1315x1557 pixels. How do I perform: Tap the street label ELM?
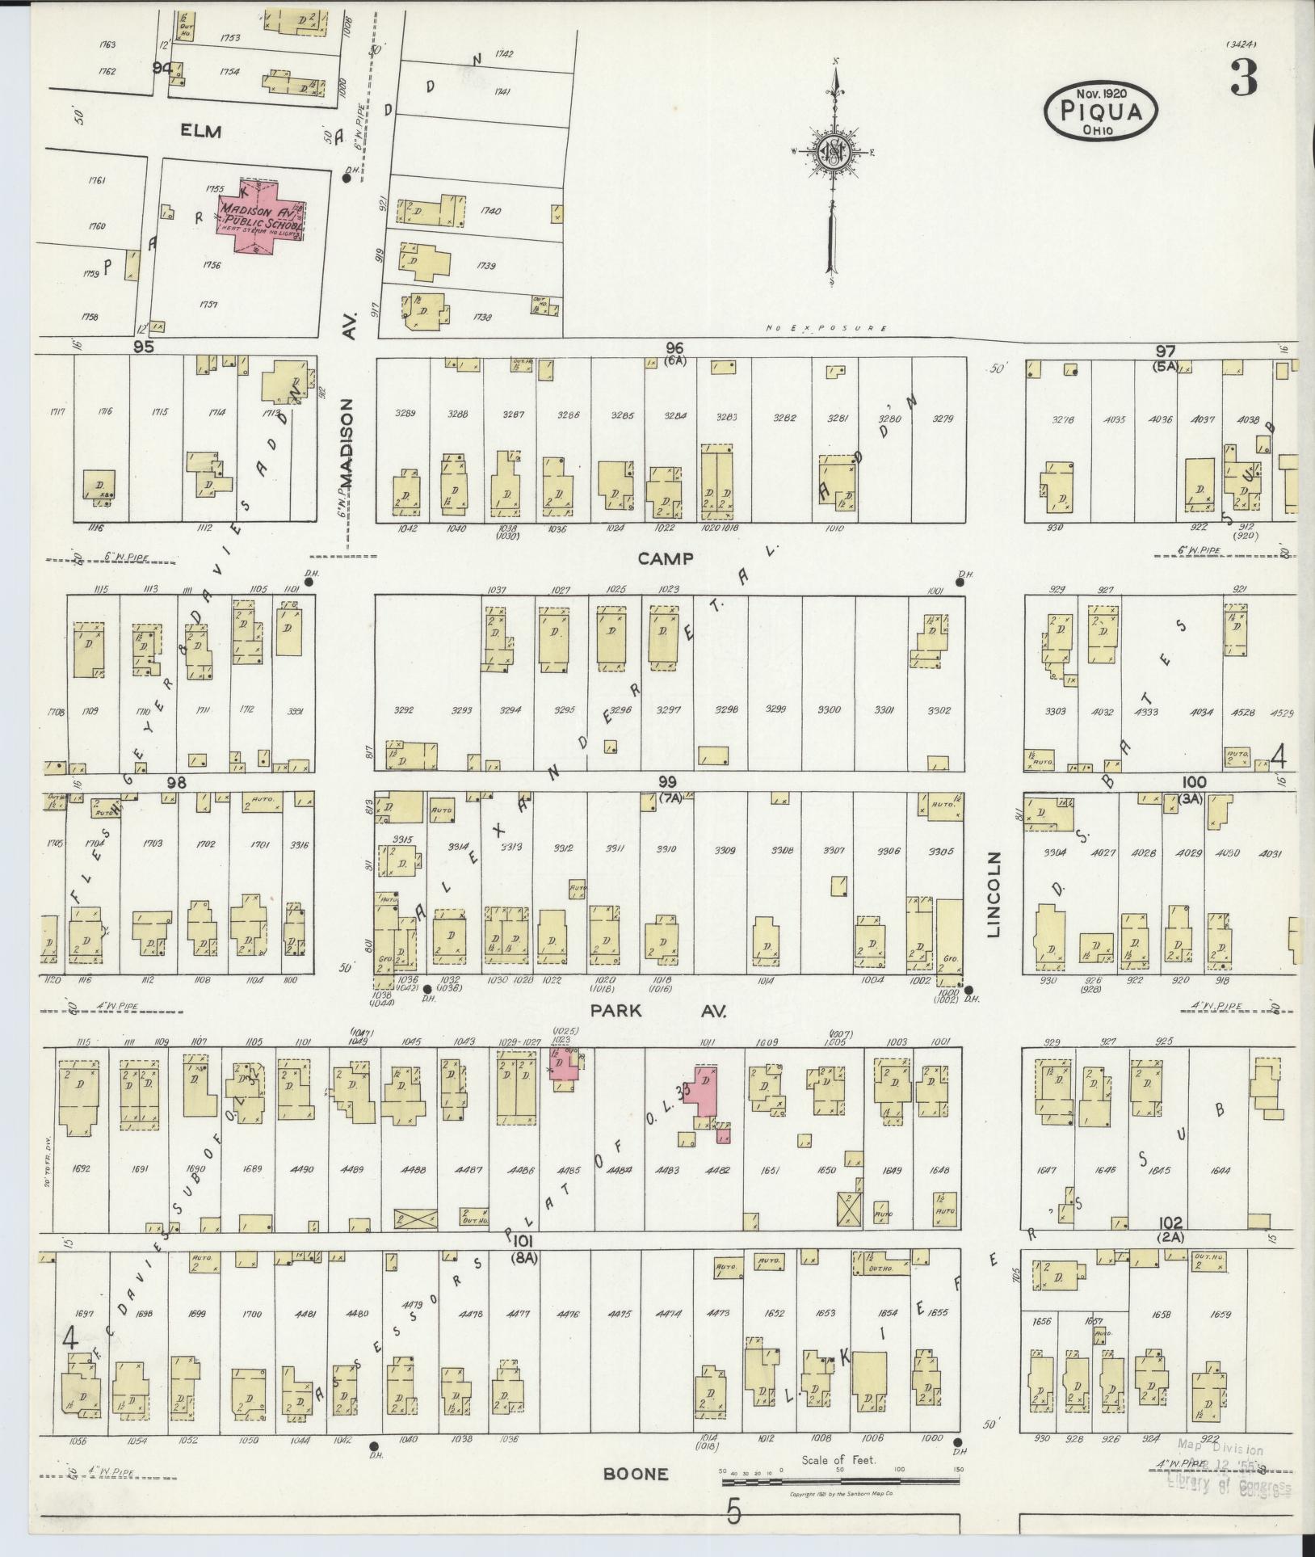[x=201, y=132]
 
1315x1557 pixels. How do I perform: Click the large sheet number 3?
[x=1244, y=80]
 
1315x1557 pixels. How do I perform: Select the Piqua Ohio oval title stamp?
[x=1102, y=111]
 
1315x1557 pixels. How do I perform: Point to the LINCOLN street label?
[x=994, y=894]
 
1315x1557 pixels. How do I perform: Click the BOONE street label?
[x=636, y=1474]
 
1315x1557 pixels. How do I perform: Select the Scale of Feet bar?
[x=840, y=1471]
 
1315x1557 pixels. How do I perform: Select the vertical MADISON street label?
[x=347, y=442]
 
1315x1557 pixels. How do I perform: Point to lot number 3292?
[x=403, y=711]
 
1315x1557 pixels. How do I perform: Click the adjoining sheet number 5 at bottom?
[x=733, y=1512]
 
